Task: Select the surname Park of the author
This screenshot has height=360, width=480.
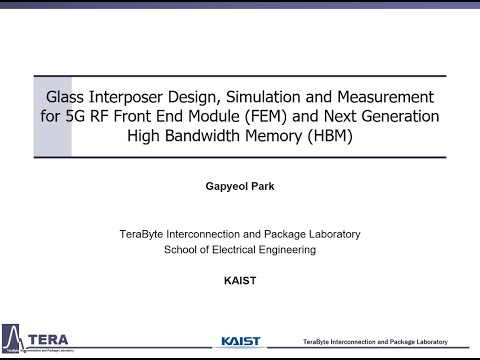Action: (x=262, y=187)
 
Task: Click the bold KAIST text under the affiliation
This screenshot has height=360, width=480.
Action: (x=240, y=280)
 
